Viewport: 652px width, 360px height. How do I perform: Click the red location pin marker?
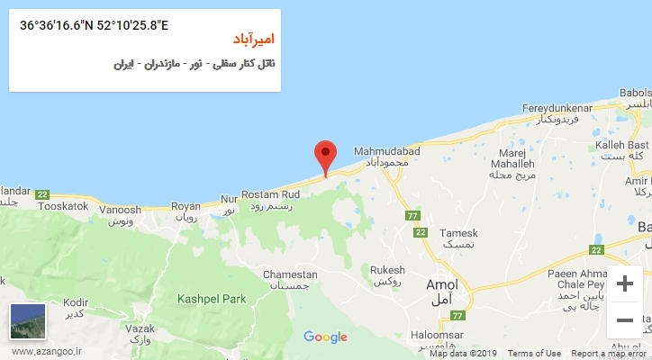click(325, 154)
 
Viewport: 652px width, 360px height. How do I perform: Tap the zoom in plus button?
click(623, 284)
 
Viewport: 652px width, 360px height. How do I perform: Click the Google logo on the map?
click(325, 337)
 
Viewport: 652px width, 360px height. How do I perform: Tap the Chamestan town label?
click(289, 274)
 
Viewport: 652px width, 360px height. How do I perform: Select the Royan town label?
click(185, 206)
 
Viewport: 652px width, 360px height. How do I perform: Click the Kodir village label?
click(76, 302)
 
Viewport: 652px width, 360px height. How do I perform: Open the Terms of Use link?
click(535, 354)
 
